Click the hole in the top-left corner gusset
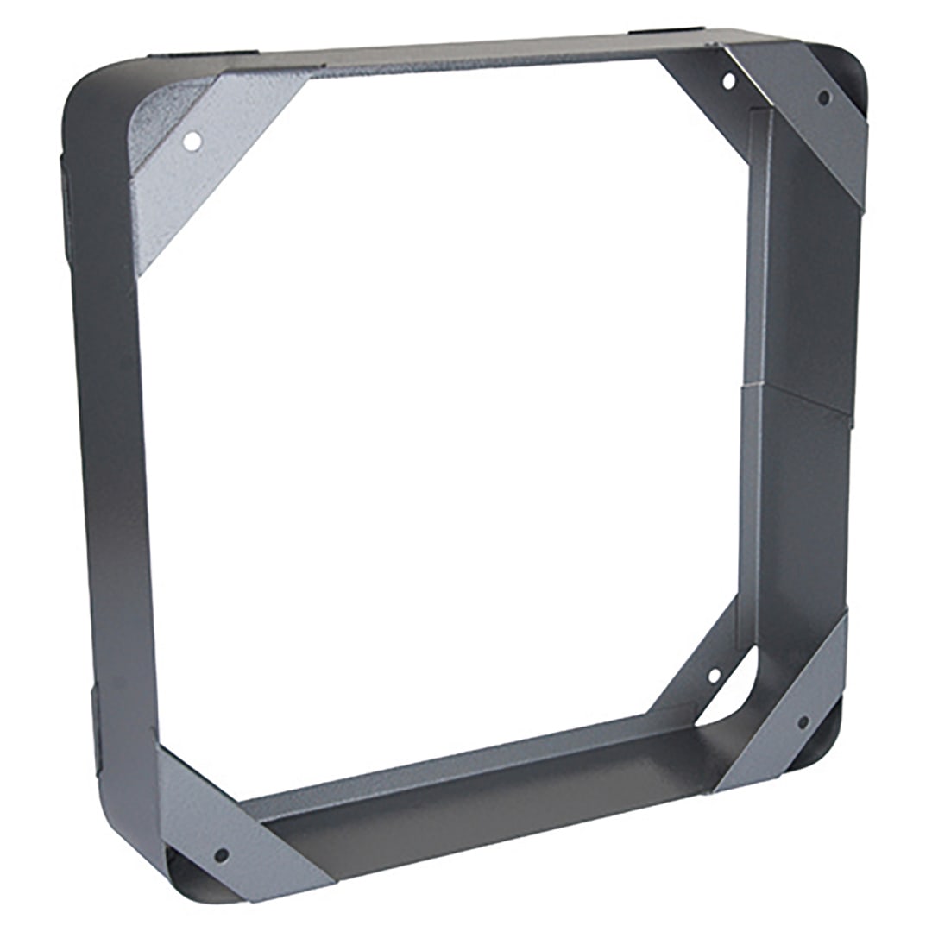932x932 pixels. click(x=193, y=140)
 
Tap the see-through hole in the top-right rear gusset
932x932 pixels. click(x=728, y=82)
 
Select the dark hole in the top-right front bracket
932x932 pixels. click(x=824, y=98)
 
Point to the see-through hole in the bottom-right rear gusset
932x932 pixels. click(x=715, y=676)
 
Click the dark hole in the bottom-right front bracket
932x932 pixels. click(x=803, y=721)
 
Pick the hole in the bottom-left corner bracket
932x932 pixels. click(x=221, y=855)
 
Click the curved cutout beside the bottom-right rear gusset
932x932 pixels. click(x=734, y=690)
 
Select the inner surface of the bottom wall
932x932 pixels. click(x=483, y=777)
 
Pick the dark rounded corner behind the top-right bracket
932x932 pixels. click(x=850, y=78)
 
